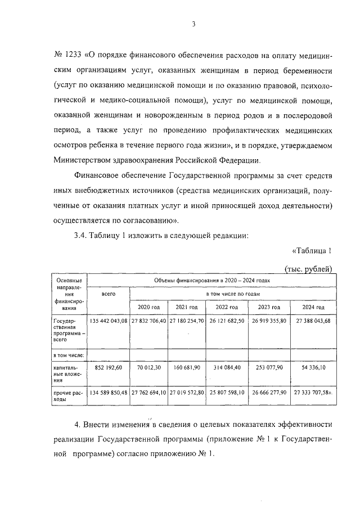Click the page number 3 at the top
(x=193, y=24)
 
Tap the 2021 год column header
(x=187, y=308)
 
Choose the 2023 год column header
(x=269, y=308)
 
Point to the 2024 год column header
(x=313, y=308)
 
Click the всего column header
(x=109, y=294)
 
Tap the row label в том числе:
(x=68, y=355)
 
